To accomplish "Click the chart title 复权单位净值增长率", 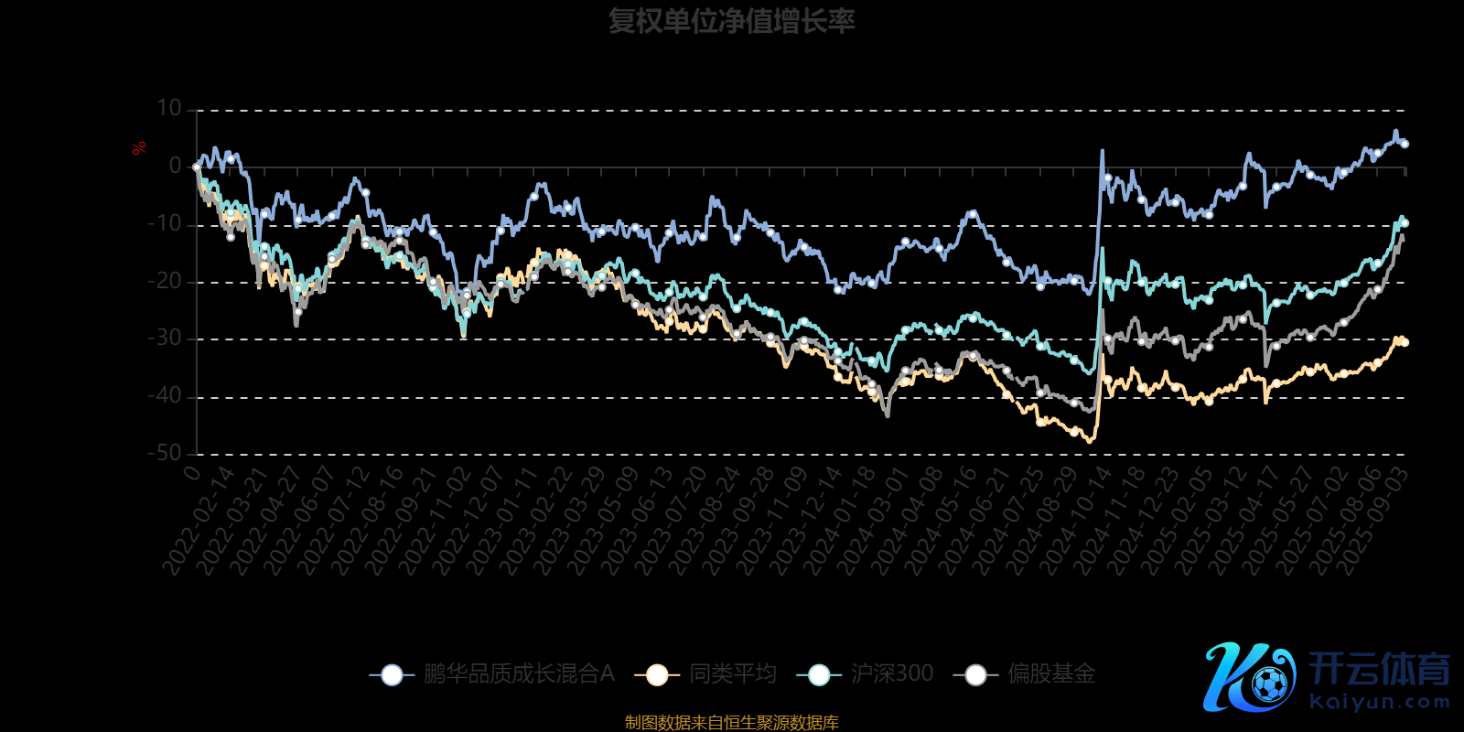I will tap(731, 21).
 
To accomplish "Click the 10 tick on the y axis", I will tap(169, 109).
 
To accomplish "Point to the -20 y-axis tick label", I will tap(165, 281).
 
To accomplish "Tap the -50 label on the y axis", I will tap(165, 453).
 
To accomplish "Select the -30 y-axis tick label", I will tap(165, 339).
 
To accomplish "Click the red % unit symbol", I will tap(139, 148).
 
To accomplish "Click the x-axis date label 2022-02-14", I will tap(199, 521).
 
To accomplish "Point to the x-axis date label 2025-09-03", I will tap(1373, 521).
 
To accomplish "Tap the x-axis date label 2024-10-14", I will tap(1076, 521).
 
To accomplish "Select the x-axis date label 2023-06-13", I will tap(638, 521).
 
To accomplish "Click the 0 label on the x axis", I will tap(191, 472).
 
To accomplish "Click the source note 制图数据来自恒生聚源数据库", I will tap(731, 723).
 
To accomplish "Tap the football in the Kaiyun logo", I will tap(1269, 684).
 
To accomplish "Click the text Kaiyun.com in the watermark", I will tap(1380, 702).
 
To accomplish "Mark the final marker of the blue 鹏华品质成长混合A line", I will tap(1405, 144).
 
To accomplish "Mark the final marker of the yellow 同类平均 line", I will tap(1405, 342).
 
